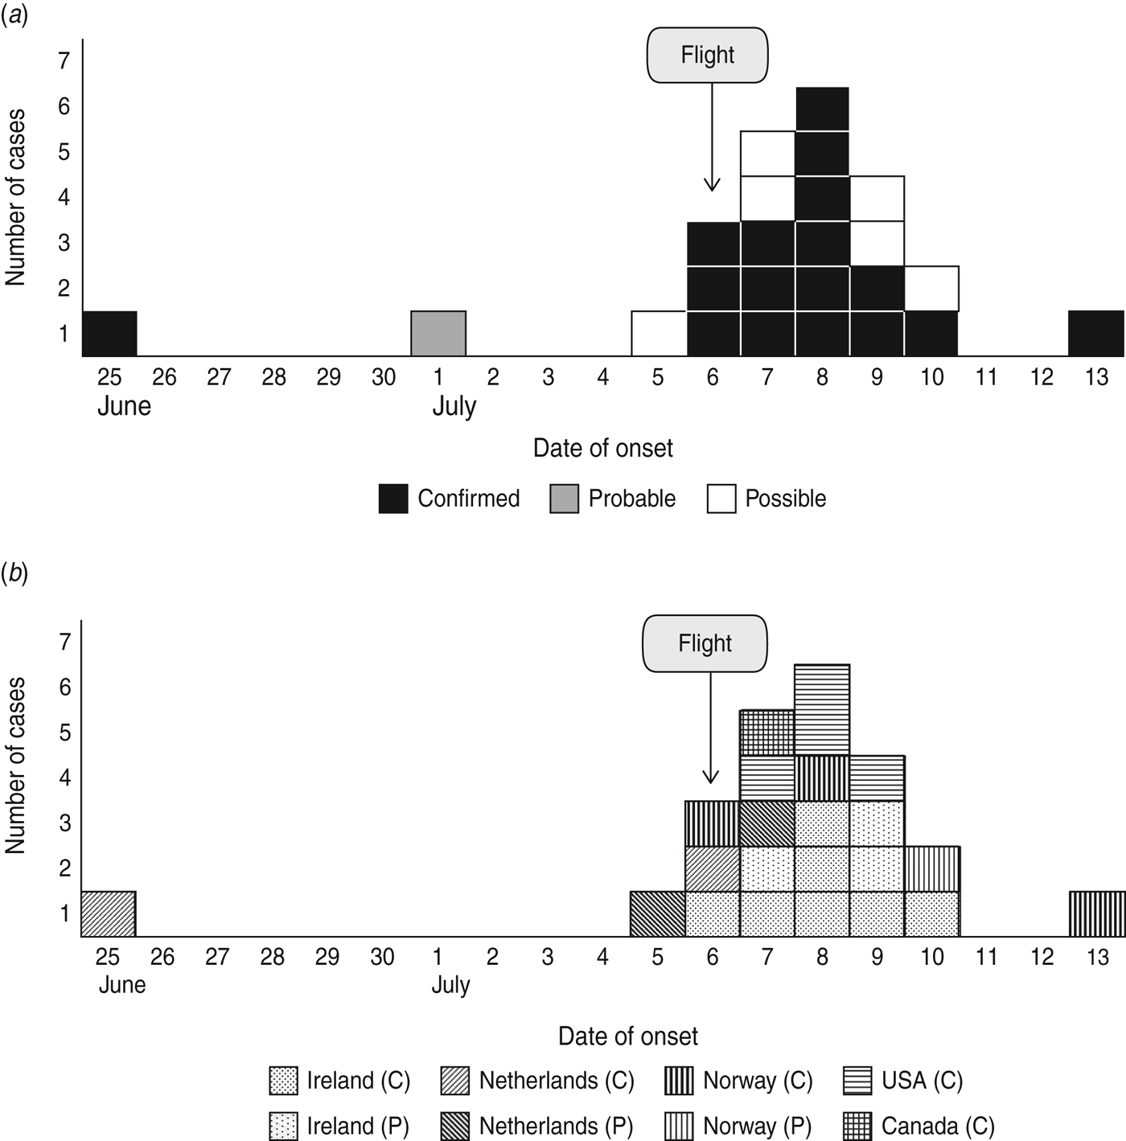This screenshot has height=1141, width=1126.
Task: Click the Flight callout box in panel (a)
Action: coord(707,55)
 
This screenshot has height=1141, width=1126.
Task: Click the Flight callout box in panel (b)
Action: coord(705,643)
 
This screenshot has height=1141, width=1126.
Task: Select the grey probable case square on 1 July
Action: coord(438,333)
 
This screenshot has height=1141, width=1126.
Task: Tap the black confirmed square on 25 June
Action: coord(109,333)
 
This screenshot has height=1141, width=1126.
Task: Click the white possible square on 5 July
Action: coord(659,333)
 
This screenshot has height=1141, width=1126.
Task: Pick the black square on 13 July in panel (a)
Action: coord(1096,333)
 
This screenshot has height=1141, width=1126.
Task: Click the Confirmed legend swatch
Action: coord(393,499)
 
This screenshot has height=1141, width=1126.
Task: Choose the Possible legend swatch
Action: coord(721,499)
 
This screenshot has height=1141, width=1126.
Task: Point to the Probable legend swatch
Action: coord(565,499)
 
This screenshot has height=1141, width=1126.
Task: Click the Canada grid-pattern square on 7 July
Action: coord(766,733)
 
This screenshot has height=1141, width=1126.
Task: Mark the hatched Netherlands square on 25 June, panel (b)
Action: coord(108,914)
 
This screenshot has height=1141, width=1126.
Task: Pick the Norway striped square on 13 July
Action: coord(1097,914)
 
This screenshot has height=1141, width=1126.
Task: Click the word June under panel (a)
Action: coord(124,406)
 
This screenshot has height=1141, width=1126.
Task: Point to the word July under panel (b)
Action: coord(450,985)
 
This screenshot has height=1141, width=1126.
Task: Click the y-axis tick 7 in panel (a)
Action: coord(64,60)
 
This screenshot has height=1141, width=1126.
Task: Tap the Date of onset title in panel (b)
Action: coord(627,1036)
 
